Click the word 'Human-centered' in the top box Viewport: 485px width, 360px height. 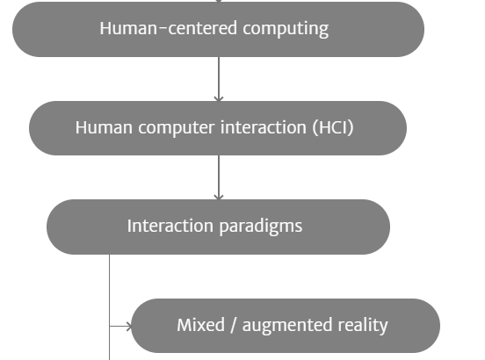[169, 28]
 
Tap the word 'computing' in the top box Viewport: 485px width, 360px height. [286, 29]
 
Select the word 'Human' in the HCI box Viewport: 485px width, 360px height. [104, 127]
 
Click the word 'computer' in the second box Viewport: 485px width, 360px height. [177, 128]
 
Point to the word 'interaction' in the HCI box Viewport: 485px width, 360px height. [264, 127]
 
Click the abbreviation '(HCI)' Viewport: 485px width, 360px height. [333, 127]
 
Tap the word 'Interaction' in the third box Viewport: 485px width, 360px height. [170, 226]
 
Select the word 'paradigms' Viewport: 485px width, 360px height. [261, 227]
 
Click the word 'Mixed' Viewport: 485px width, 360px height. [200, 325]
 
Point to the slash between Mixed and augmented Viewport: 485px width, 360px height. [234, 325]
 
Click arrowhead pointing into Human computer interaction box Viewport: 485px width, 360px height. [219, 98]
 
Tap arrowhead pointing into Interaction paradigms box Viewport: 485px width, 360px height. [219, 197]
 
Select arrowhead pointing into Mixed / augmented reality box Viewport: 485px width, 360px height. [128, 326]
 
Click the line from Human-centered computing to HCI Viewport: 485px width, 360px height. [219, 79]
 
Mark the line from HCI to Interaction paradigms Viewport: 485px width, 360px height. [219, 177]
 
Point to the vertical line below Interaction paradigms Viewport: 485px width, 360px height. [110, 307]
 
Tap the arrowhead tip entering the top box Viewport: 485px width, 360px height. [219, 2]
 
